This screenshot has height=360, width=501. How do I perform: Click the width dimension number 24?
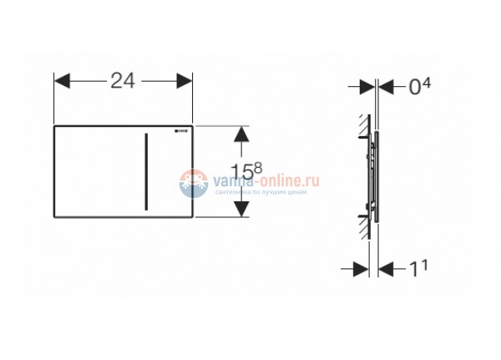124,80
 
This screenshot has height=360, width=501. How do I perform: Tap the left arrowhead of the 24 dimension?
60,80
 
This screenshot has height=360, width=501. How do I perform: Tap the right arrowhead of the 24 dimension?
188,80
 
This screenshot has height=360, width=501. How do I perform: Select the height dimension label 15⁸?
246,172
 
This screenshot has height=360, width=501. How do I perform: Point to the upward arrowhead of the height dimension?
240,134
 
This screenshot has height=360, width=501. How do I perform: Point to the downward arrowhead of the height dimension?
240,211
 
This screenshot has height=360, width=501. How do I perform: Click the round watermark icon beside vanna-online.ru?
191,180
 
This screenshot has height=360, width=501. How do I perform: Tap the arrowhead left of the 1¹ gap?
361,268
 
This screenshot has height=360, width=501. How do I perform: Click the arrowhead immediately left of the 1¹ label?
386,268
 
